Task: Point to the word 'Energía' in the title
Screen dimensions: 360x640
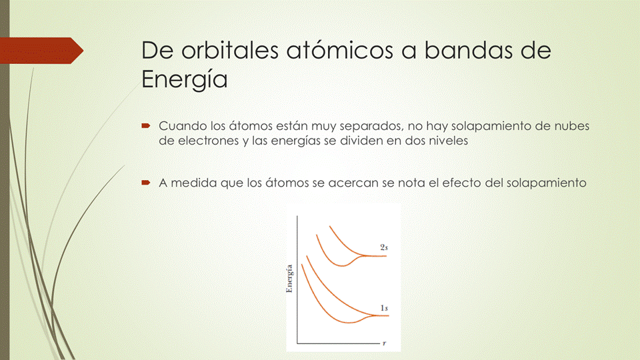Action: (x=185, y=80)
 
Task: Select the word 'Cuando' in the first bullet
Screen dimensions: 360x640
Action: (x=181, y=126)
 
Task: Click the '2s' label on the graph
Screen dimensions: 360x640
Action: (x=384, y=247)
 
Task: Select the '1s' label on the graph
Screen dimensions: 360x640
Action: (x=384, y=307)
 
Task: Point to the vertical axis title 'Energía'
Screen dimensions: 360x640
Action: (x=289, y=279)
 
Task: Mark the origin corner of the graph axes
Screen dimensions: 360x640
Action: (x=297, y=343)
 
